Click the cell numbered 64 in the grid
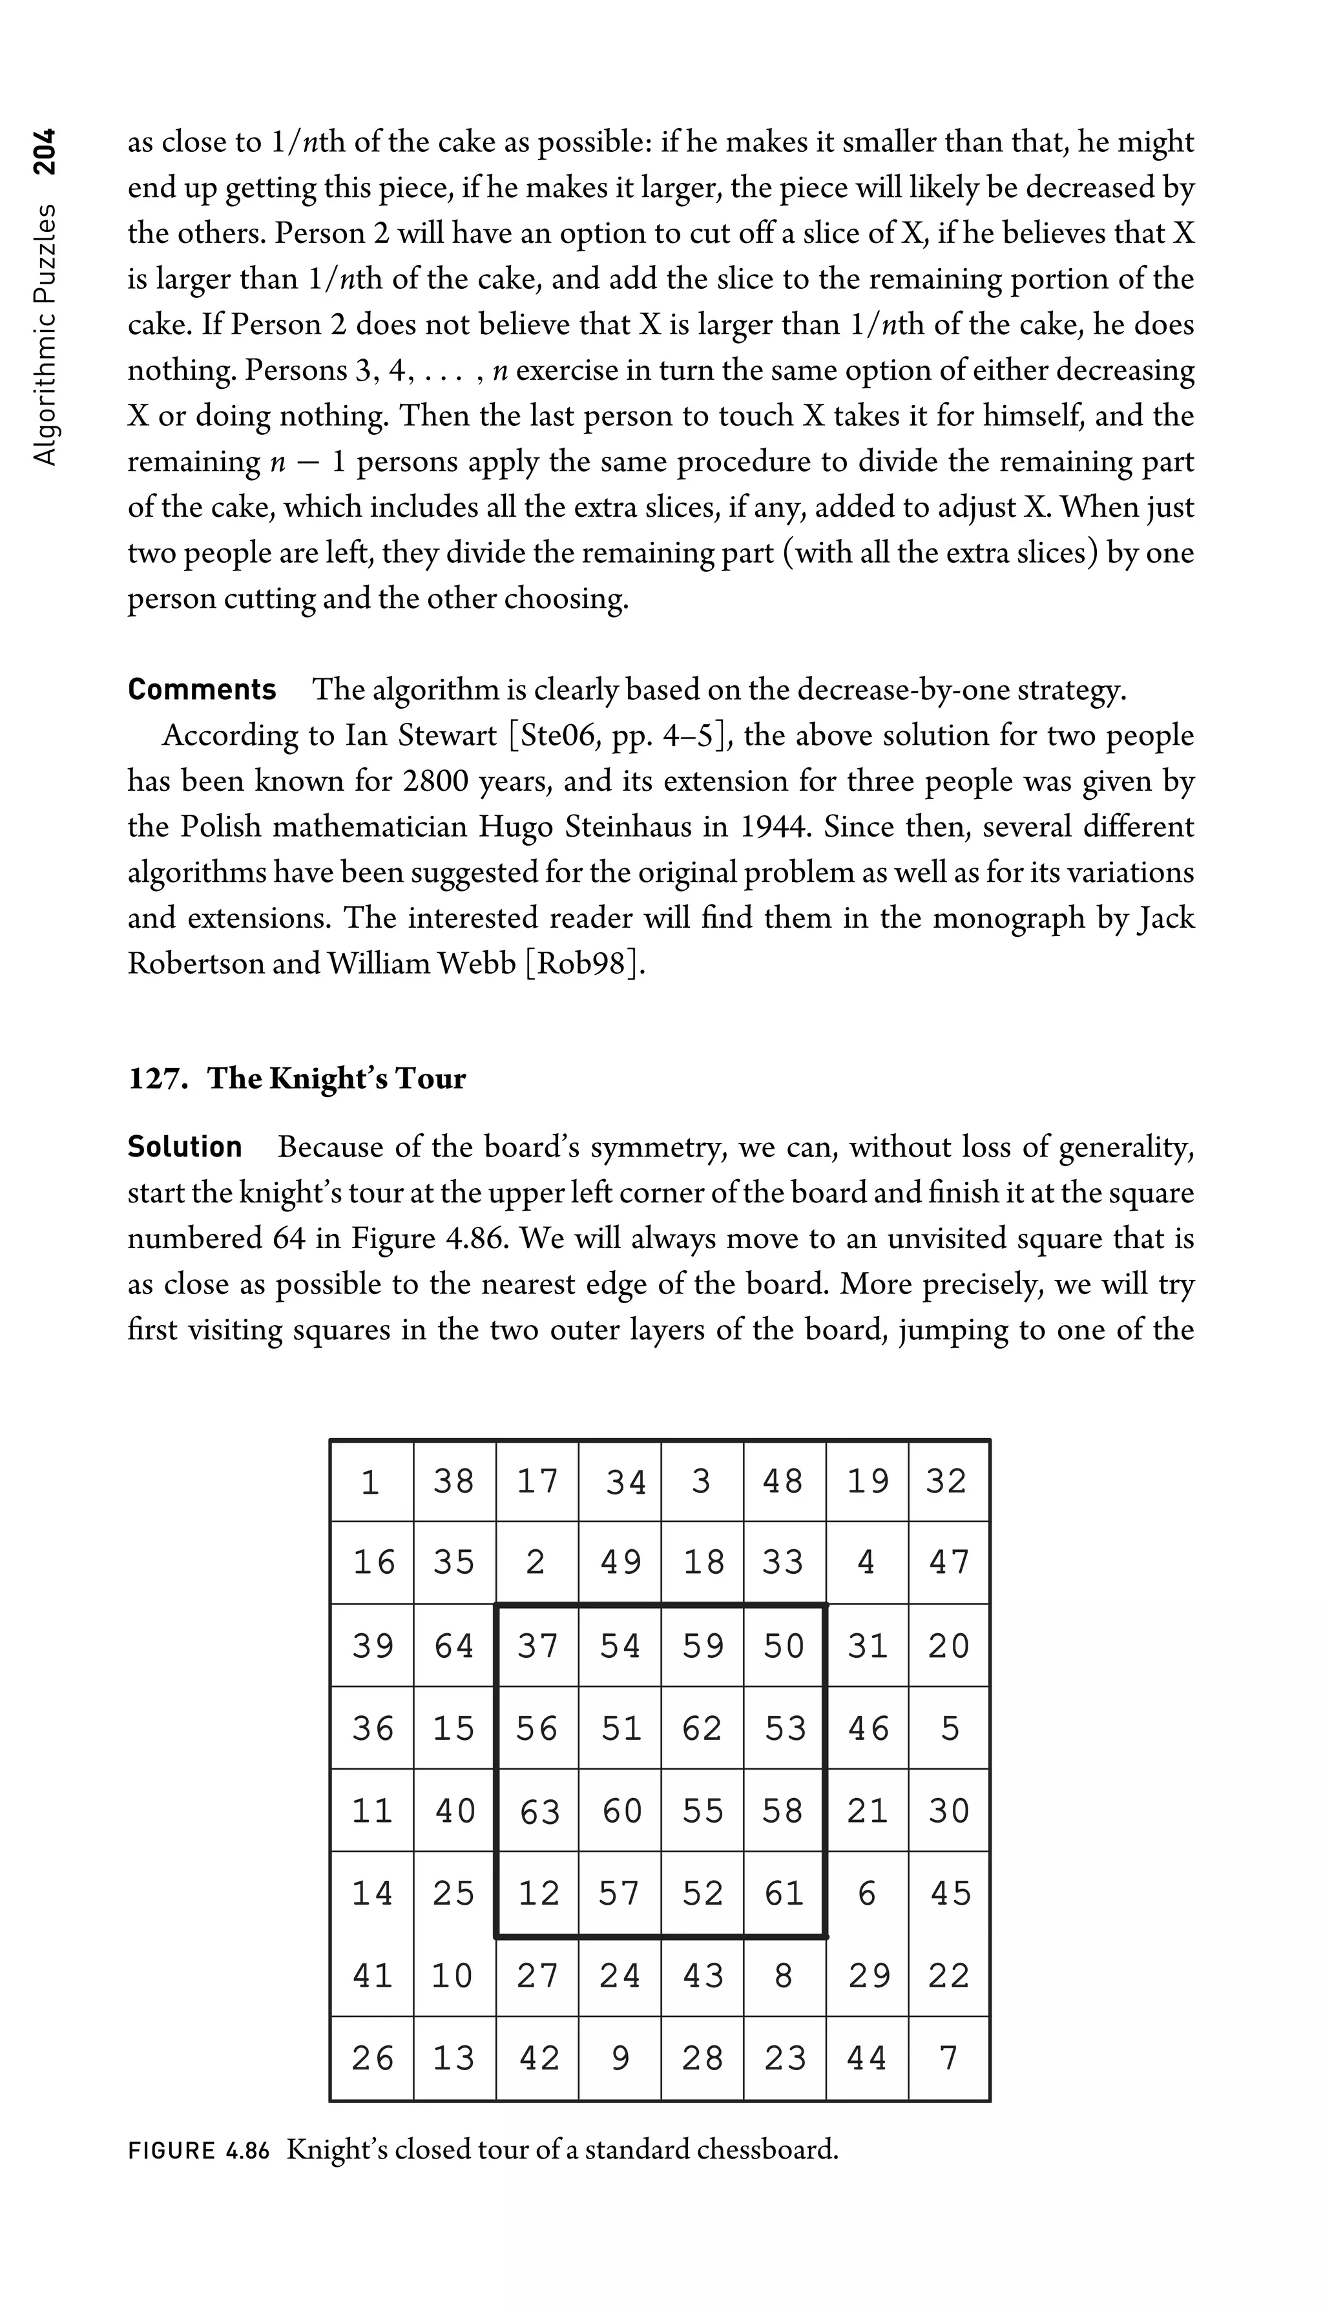pyautogui.click(x=454, y=1646)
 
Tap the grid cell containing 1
pyautogui.click(x=371, y=1481)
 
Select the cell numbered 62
pyautogui.click(x=702, y=1728)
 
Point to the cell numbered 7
pyautogui.click(x=948, y=2058)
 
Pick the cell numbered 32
pyautogui.click(x=948, y=1481)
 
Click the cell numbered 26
pyautogui.click(x=373, y=2058)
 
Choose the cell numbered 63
pyautogui.click(x=538, y=1811)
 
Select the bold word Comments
pyautogui.click(x=202, y=690)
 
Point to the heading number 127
pyautogui.click(x=158, y=1079)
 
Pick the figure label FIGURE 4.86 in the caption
pyautogui.click(x=199, y=2150)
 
